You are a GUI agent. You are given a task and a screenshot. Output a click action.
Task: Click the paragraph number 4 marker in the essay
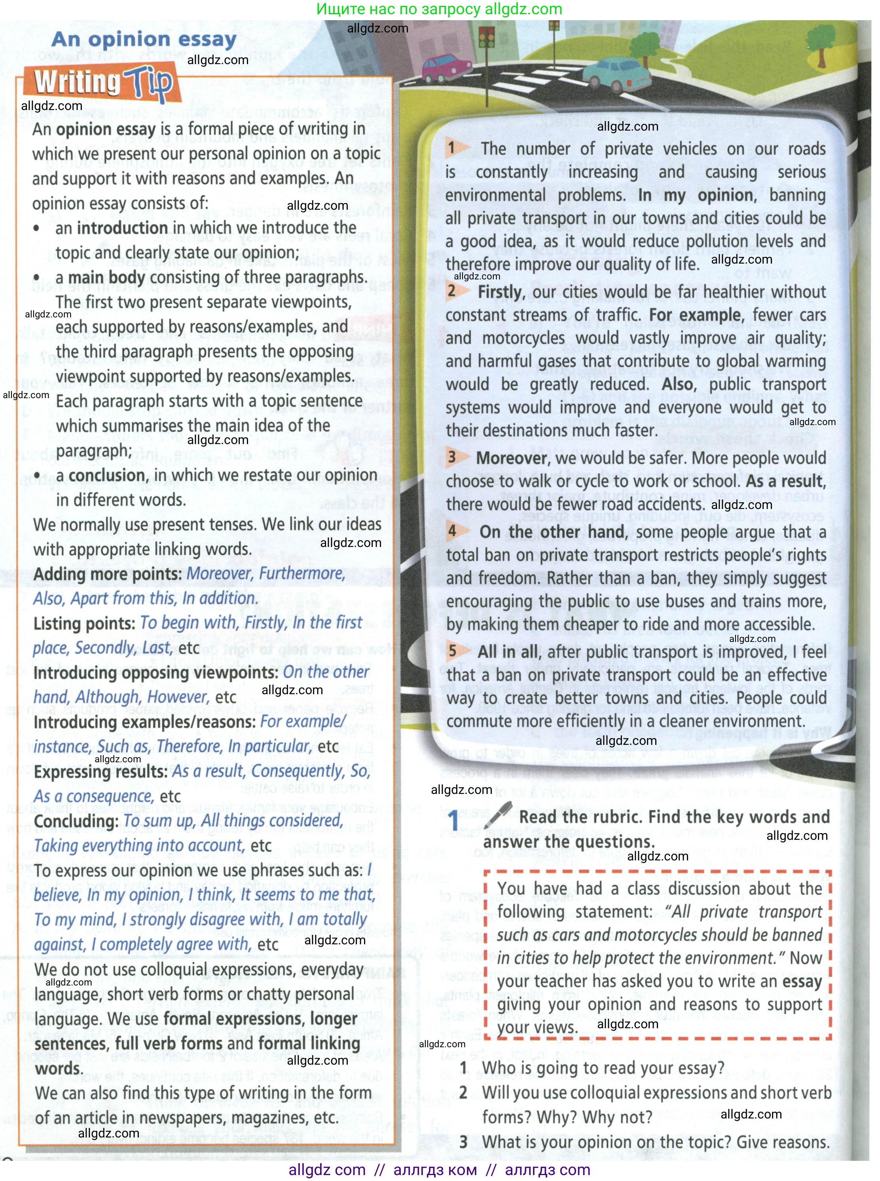click(452, 531)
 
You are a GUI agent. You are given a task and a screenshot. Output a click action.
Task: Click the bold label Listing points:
click(84, 623)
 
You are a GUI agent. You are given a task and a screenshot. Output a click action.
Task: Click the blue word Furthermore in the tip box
click(302, 573)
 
